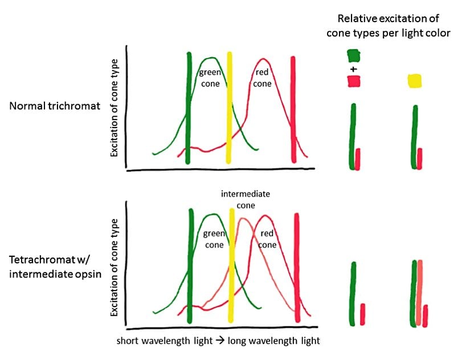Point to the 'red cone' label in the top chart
pyautogui.click(x=263, y=77)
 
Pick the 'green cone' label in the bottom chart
pyautogui.click(x=214, y=239)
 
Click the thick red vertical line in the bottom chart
pyautogui.click(x=297, y=268)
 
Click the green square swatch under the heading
pyautogui.click(x=353, y=55)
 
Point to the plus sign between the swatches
pyautogui.click(x=353, y=69)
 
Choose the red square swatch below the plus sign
pyautogui.click(x=354, y=82)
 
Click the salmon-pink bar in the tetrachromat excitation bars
pyautogui.click(x=420, y=293)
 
